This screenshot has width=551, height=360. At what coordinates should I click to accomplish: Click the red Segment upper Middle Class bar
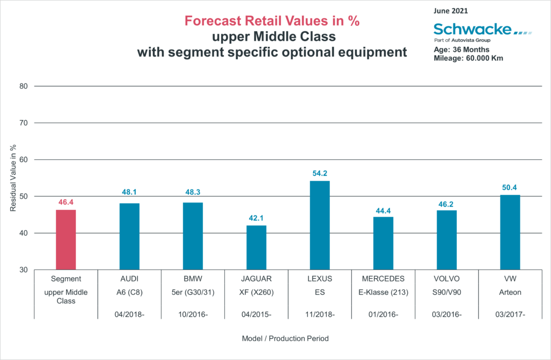point(66,239)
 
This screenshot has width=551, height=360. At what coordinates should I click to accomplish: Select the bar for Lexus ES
point(320,225)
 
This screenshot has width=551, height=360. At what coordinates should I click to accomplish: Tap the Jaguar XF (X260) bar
point(256,248)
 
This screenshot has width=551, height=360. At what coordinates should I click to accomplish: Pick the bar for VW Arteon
point(510,232)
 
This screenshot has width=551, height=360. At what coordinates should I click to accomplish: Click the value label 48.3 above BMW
point(193,192)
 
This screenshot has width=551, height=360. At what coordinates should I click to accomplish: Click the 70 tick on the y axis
point(23,123)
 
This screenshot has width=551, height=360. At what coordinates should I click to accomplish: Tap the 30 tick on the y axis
point(23,270)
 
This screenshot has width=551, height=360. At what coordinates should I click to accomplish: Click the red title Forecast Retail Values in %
point(272,21)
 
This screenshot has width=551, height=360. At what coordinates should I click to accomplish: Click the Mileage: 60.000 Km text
point(468,58)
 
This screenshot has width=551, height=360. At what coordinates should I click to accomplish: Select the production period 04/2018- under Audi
point(129,313)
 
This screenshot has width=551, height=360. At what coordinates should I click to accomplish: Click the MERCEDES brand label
point(383,279)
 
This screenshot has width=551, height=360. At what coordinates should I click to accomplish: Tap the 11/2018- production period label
point(320,313)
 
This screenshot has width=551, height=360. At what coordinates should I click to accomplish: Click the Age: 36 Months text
point(462,50)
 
